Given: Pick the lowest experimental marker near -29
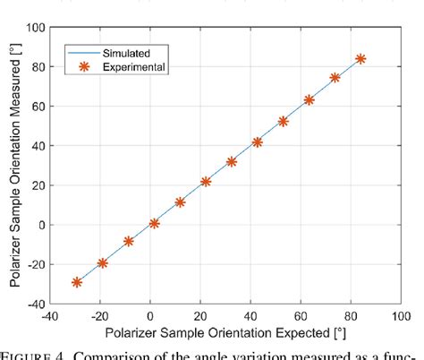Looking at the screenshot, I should [77, 282].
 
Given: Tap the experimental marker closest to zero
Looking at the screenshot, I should [154, 223].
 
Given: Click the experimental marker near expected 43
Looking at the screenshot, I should [258, 141].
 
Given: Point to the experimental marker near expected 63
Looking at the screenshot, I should [309, 100].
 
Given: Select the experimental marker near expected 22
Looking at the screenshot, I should [206, 182].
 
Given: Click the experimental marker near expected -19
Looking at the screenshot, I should [102, 263].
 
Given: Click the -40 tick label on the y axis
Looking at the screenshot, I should [36, 304].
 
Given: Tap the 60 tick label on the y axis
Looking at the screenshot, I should [38, 107].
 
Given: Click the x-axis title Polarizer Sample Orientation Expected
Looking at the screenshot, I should [225, 332].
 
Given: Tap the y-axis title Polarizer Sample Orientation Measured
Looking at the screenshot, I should [15, 166].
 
